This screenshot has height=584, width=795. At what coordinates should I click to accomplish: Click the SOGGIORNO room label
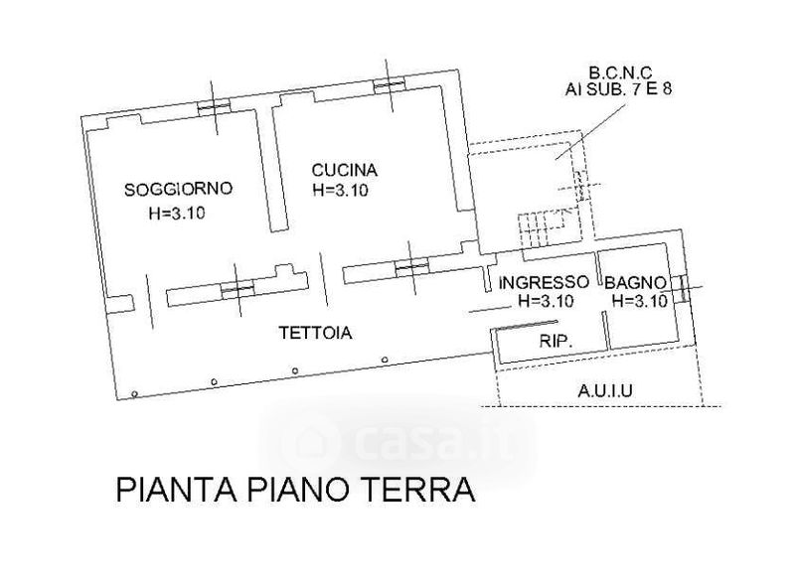(x=179, y=189)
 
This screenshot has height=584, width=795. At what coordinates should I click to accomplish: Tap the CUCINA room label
(x=344, y=170)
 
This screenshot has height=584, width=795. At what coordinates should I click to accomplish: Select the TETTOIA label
(x=315, y=335)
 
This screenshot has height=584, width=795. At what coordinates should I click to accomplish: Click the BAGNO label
(x=634, y=282)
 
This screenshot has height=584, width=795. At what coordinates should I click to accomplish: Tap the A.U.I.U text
(x=606, y=390)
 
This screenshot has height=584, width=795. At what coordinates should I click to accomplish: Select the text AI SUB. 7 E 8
(x=616, y=88)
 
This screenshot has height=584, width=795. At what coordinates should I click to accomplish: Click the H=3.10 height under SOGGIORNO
(x=176, y=212)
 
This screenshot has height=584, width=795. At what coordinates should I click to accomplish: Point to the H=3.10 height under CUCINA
(x=341, y=190)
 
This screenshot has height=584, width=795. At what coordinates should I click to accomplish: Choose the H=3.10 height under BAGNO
(x=638, y=302)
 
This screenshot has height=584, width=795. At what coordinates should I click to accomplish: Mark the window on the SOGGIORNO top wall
(x=213, y=108)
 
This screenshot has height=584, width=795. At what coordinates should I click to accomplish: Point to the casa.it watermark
(x=397, y=437)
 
